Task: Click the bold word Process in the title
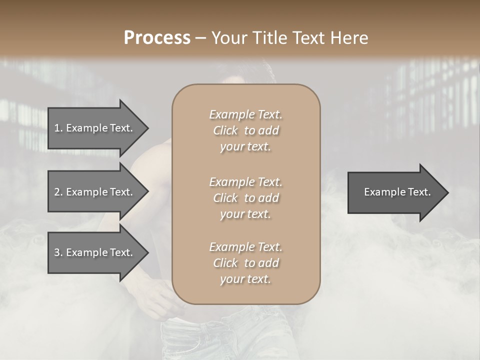tap(157, 37)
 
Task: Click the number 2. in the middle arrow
tap(58, 192)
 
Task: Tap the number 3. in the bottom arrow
tap(58, 252)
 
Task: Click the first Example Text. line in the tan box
tap(246, 114)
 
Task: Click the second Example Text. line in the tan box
tap(246, 181)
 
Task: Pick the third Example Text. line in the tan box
tap(246, 247)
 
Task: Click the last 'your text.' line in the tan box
tap(245, 279)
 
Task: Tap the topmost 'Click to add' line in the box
tap(246, 130)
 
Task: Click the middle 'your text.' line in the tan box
tap(245, 214)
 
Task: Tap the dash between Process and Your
tap(201, 38)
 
